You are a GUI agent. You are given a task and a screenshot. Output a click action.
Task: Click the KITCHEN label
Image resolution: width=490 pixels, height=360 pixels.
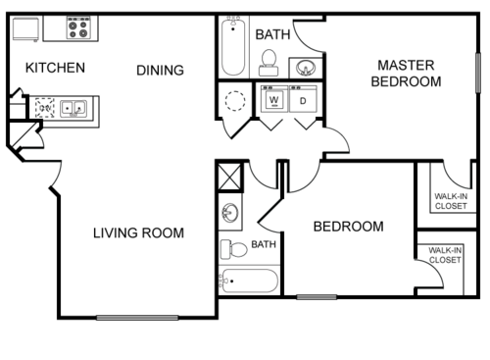(x=55, y=69)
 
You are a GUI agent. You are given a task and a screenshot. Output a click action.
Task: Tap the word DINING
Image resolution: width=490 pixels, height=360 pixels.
(x=160, y=70)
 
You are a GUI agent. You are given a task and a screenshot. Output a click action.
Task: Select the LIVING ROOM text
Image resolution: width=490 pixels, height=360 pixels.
(x=138, y=232)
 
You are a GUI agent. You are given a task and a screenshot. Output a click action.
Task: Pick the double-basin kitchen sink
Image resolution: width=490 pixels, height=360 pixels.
(x=72, y=107)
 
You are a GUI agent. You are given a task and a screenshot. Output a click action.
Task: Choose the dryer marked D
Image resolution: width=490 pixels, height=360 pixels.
(x=303, y=100)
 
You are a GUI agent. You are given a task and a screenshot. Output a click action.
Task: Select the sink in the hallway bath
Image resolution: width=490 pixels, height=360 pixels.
(x=229, y=213)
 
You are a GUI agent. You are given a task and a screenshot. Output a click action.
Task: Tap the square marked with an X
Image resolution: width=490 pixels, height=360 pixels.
(x=229, y=178)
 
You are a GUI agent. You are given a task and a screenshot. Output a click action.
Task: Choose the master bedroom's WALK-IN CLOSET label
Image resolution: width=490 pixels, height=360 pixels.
(x=451, y=201)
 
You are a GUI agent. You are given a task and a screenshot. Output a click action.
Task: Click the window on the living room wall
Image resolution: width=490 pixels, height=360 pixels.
(x=137, y=317)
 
